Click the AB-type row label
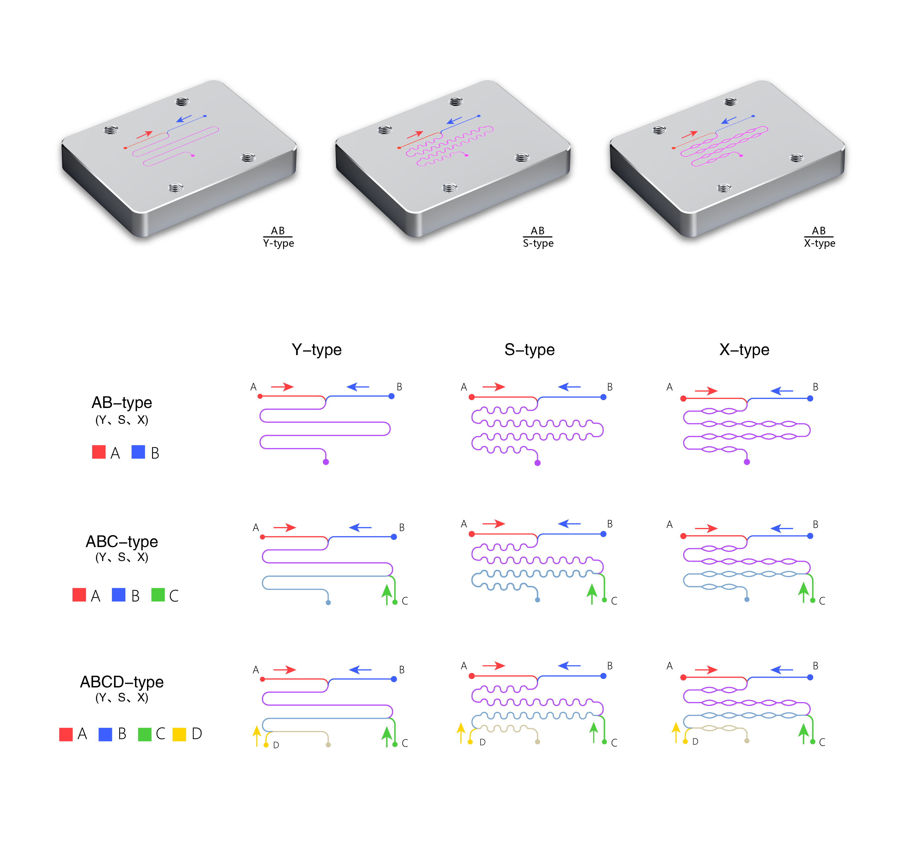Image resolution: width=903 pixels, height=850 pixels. click(x=122, y=403)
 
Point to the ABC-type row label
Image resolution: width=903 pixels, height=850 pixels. click(x=122, y=542)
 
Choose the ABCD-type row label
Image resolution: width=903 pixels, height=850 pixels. click(x=122, y=682)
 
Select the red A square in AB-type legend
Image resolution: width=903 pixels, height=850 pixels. click(x=99, y=452)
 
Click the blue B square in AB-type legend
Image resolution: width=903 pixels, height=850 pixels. click(x=138, y=452)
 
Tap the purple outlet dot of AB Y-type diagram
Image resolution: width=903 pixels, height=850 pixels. click(x=326, y=462)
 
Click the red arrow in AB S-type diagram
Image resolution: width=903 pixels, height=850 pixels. click(x=494, y=387)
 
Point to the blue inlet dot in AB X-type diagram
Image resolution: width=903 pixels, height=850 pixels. click(x=810, y=398)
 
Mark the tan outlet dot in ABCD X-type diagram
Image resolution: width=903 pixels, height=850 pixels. click(x=747, y=741)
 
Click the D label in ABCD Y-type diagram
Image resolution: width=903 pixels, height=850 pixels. click(x=276, y=745)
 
